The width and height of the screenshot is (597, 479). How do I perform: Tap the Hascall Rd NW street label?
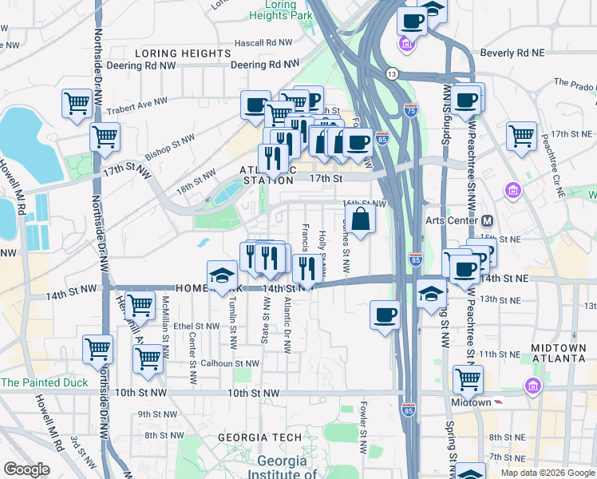click(x=263, y=42)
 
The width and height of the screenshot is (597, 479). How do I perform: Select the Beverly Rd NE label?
click(x=512, y=53)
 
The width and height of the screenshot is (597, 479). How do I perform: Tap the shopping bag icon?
click(x=360, y=220)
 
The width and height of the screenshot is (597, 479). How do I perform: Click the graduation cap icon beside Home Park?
click(x=223, y=275)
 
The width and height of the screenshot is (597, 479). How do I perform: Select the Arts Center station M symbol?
click(x=487, y=220)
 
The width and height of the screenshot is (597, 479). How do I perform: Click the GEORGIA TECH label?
click(x=259, y=437)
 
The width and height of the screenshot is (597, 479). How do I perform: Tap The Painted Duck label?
click(x=45, y=382)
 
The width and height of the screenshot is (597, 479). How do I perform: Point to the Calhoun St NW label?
click(x=231, y=363)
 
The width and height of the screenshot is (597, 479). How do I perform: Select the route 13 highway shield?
click(x=391, y=73)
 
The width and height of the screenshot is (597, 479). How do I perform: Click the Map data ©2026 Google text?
click(x=547, y=473)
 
